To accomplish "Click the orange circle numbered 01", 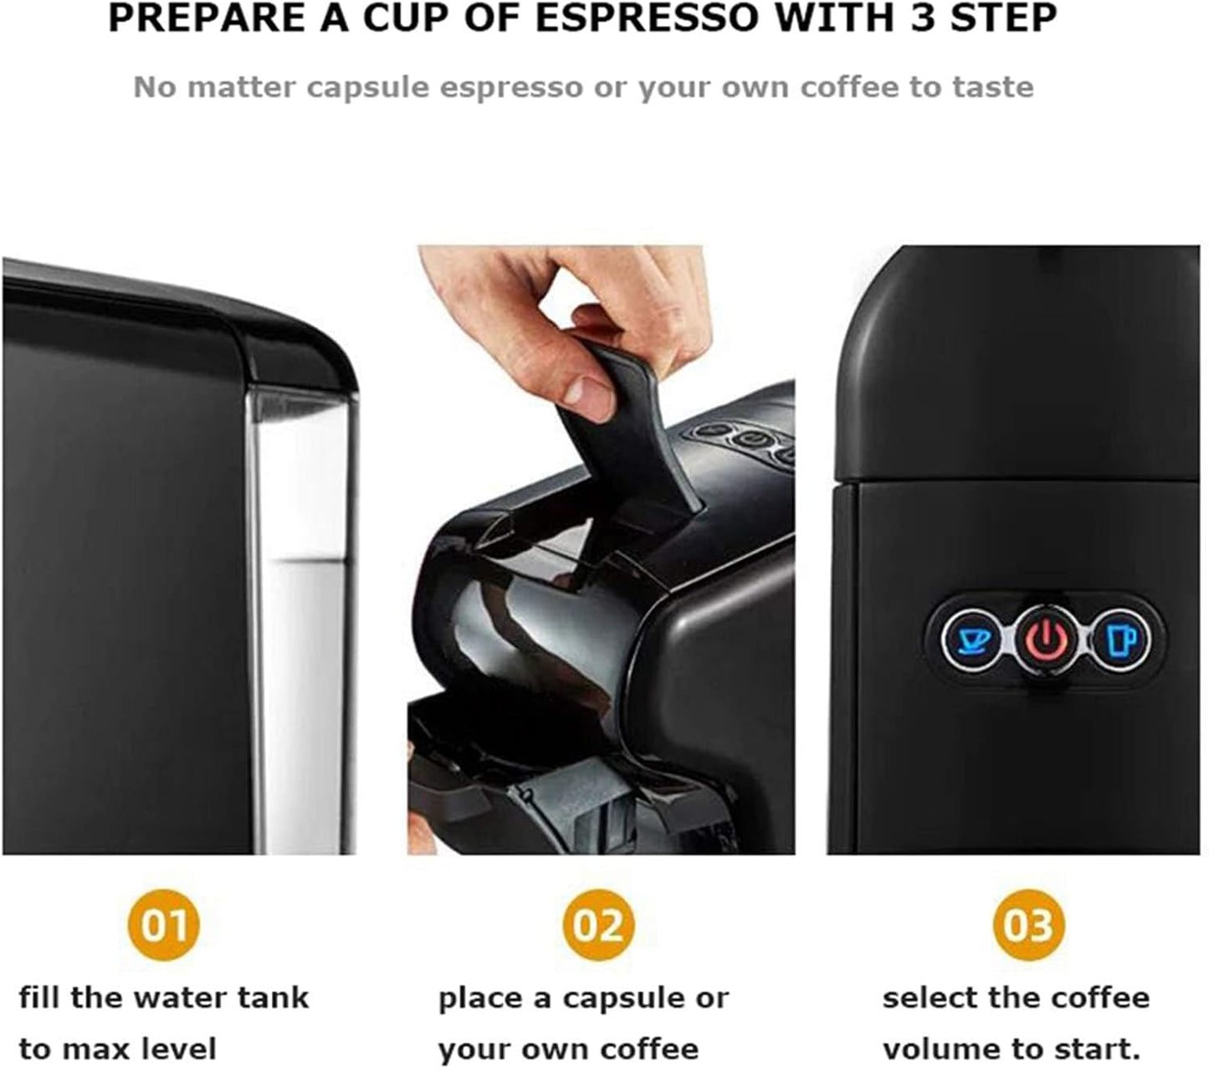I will pyautogui.click(x=163, y=925).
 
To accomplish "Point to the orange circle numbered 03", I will pyautogui.click(x=1028, y=925).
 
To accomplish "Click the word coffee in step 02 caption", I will pyautogui.click(x=649, y=1049).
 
